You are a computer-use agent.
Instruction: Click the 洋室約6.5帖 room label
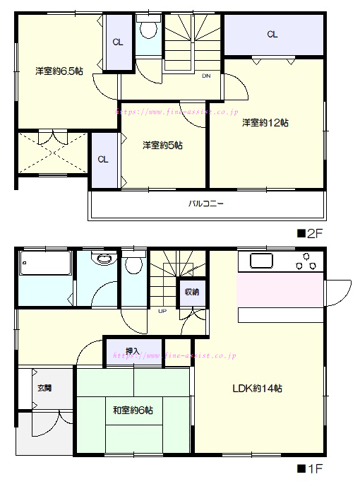(x=59, y=71)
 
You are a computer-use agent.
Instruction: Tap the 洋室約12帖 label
(x=265, y=123)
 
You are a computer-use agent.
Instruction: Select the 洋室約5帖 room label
(x=162, y=145)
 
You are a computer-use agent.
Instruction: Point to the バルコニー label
(x=205, y=203)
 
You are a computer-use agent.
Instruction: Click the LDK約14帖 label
(x=257, y=389)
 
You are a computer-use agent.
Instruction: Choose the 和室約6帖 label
(x=133, y=411)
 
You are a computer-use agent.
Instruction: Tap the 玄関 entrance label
(x=44, y=388)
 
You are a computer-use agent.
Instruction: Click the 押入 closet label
(x=133, y=351)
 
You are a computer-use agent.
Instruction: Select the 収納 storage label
(x=192, y=292)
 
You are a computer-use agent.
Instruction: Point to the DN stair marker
(x=206, y=76)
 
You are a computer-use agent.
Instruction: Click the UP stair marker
(x=162, y=311)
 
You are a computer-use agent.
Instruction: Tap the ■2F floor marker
(x=309, y=234)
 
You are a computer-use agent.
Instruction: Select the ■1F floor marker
(x=309, y=469)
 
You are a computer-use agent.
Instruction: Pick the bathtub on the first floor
(x=45, y=263)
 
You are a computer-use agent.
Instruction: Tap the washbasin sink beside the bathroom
(x=104, y=258)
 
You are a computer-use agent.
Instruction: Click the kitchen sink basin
(x=261, y=261)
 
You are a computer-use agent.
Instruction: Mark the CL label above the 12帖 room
(x=272, y=34)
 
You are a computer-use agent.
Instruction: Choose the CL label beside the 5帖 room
(x=103, y=159)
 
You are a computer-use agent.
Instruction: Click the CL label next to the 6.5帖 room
(x=118, y=42)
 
